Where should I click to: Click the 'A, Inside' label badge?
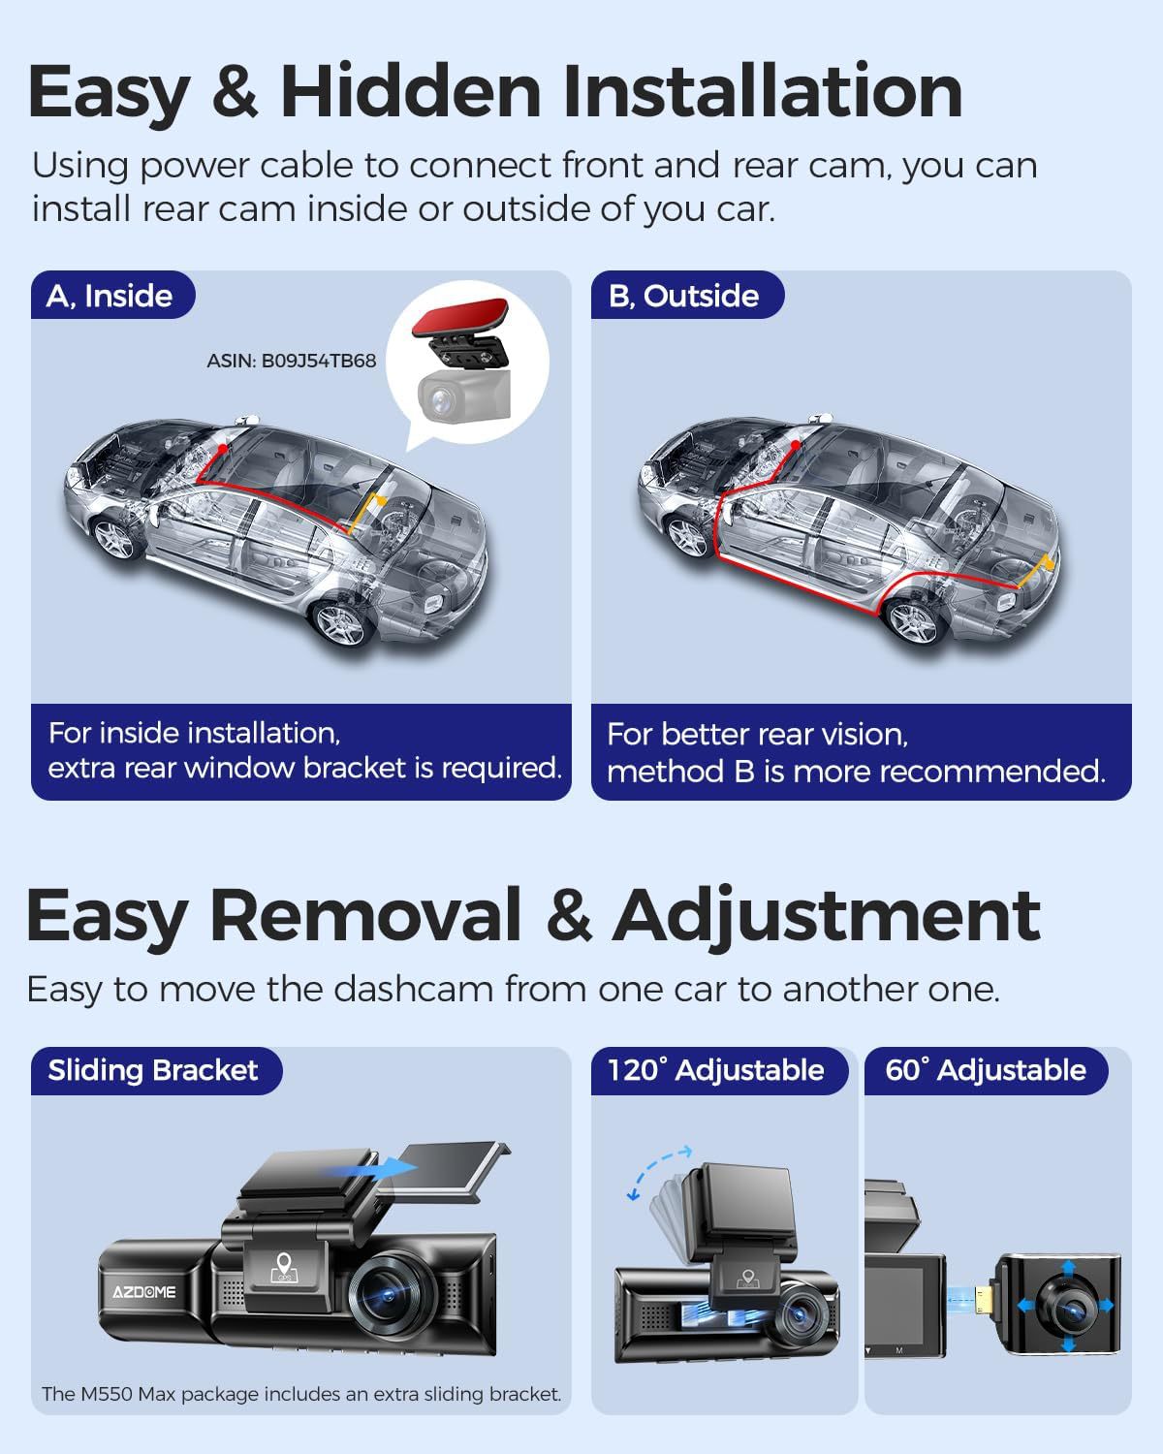(x=112, y=296)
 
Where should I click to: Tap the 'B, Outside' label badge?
(x=687, y=296)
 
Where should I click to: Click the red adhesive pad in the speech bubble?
(x=460, y=316)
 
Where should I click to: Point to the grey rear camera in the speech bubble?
(x=463, y=395)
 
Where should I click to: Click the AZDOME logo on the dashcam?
(x=144, y=1292)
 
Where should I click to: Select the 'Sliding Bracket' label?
(x=153, y=1070)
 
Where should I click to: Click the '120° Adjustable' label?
(x=715, y=1070)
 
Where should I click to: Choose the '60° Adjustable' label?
(x=986, y=1070)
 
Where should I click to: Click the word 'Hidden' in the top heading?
(x=410, y=91)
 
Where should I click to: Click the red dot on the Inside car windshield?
(x=223, y=448)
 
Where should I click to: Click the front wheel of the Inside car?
(x=115, y=539)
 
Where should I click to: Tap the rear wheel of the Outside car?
(x=914, y=623)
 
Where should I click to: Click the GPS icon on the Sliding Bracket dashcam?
(x=284, y=1267)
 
